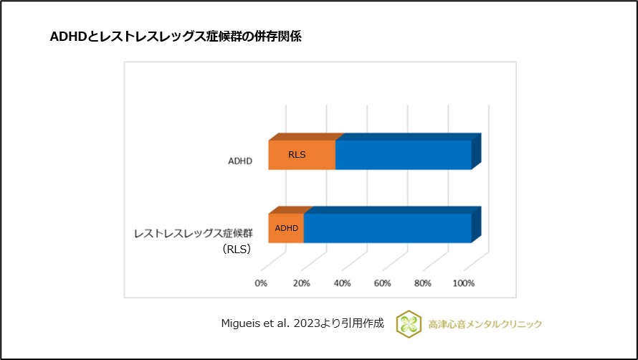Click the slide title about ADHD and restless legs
(x=175, y=37)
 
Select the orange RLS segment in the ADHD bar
(x=302, y=154)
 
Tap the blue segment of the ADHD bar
(x=403, y=154)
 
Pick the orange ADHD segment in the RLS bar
(x=286, y=228)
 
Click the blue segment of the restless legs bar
(x=387, y=228)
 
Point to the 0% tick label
(x=261, y=283)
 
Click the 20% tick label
(x=301, y=283)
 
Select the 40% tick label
(x=342, y=283)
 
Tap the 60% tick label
(x=382, y=283)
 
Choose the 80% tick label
(x=423, y=283)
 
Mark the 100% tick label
(x=463, y=283)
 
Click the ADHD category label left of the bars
(x=239, y=161)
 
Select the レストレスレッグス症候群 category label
(x=194, y=234)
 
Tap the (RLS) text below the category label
(x=235, y=250)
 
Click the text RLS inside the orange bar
(x=297, y=154)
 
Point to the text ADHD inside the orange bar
(x=286, y=228)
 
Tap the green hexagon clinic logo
(x=407, y=323)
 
